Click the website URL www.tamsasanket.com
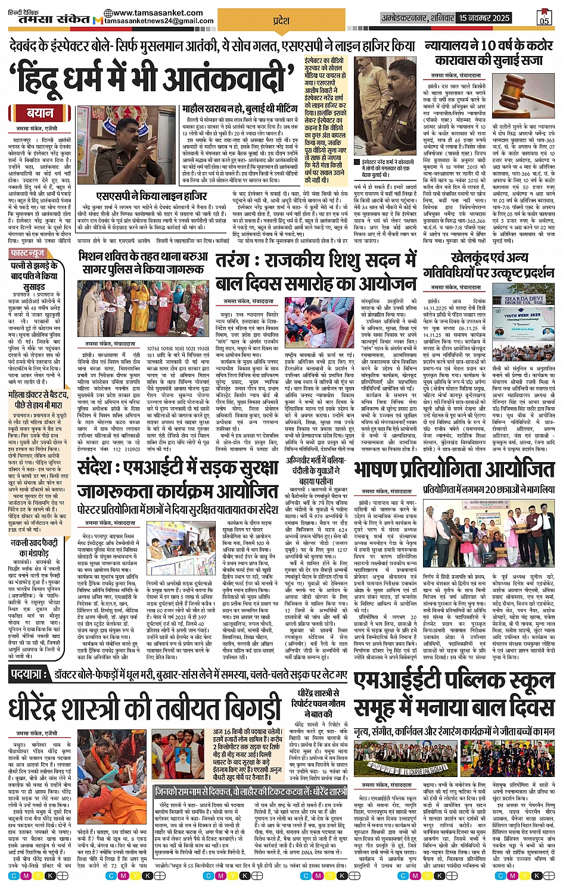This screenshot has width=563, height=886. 157,13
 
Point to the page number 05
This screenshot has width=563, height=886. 544,18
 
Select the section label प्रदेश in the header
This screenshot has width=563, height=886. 281,21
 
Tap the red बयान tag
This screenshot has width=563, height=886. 40,113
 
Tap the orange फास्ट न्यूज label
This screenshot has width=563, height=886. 27,253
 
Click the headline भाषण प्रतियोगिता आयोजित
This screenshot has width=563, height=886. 454,470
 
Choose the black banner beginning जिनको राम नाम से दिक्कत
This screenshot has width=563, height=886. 250,792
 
